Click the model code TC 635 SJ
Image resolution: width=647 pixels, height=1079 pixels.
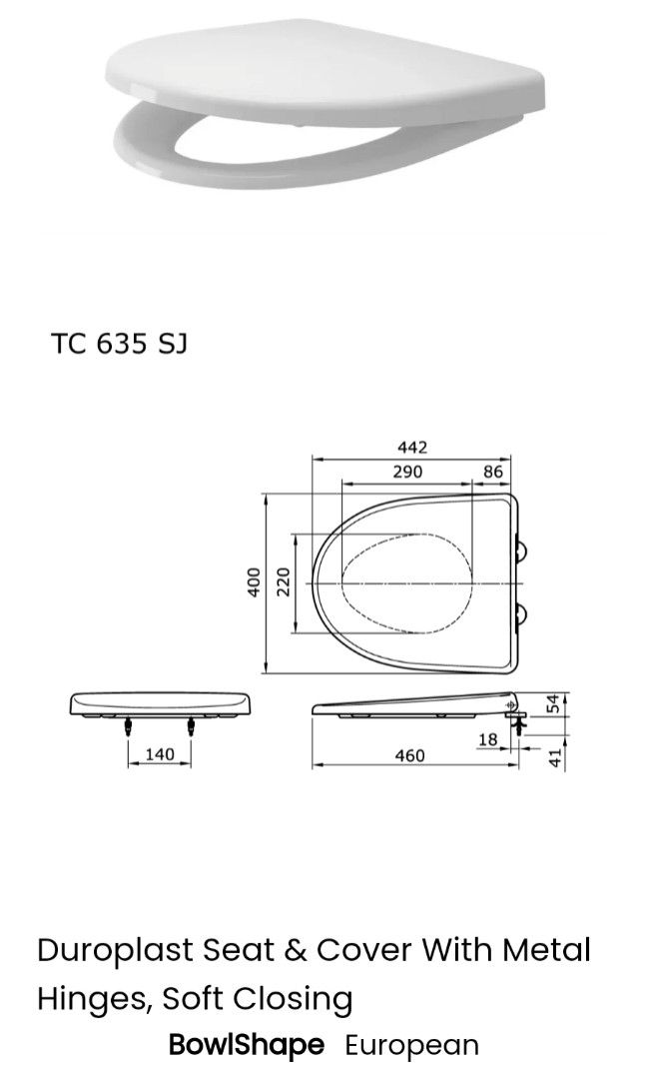tap(119, 344)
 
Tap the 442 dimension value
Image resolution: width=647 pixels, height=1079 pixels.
tap(411, 448)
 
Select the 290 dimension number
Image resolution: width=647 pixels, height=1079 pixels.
tap(406, 472)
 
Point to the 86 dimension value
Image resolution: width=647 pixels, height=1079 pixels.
tap(493, 472)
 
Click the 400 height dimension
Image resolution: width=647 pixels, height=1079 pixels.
tap(254, 582)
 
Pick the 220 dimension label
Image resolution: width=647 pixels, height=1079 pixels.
tap(284, 581)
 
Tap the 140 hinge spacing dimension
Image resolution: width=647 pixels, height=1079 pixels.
tap(160, 754)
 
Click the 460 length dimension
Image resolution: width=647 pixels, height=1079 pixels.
tap(409, 756)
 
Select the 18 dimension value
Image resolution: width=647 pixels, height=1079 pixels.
tap(487, 739)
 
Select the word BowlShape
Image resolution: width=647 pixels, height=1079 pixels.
tap(247, 1046)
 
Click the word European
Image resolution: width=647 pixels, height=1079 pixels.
tap(411, 1046)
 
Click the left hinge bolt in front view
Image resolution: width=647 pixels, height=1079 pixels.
tap(129, 727)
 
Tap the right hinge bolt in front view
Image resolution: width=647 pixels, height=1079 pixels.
tap(192, 727)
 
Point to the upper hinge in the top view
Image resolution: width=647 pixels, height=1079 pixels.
tap(522, 548)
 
